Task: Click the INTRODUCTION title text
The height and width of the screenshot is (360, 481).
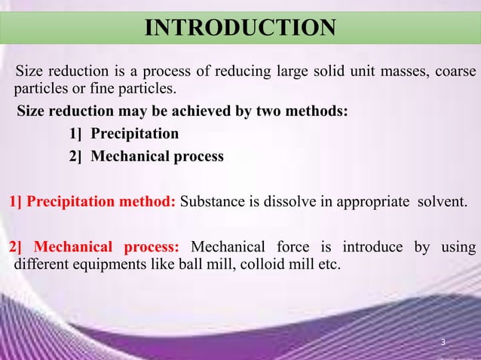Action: click(x=240, y=29)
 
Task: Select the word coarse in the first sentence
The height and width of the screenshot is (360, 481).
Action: click(x=453, y=72)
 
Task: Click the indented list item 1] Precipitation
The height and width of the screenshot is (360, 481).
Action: click(x=124, y=135)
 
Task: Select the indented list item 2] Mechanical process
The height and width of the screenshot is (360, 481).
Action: click(x=146, y=157)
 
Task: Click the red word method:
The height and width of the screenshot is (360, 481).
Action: click(x=152, y=202)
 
